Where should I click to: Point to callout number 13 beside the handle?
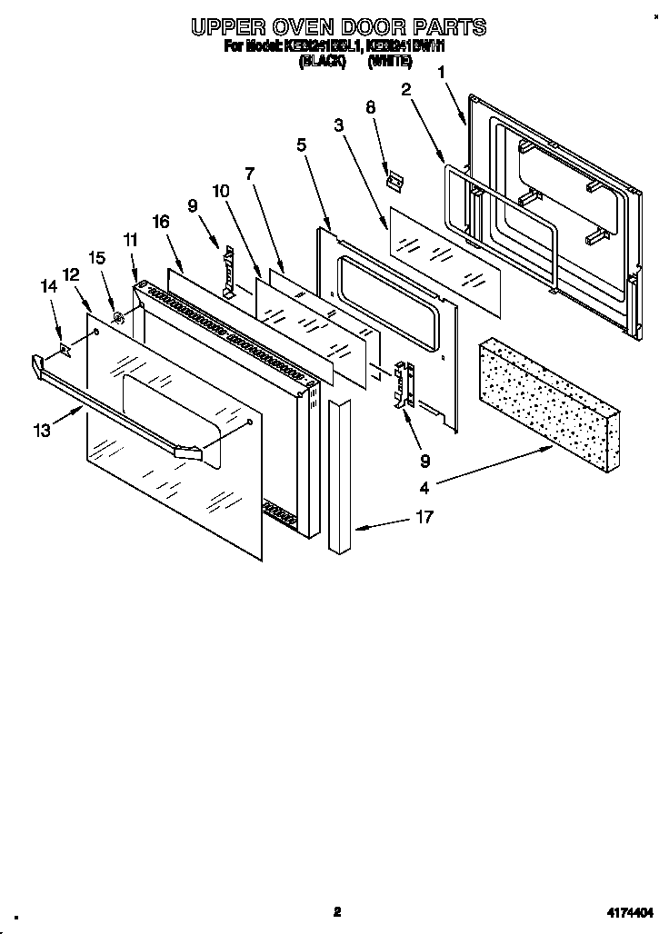tap(43, 430)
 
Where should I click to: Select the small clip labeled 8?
tap(393, 181)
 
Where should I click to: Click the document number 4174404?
tap(631, 911)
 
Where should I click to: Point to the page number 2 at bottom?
tap(336, 911)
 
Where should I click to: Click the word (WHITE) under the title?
tap(390, 61)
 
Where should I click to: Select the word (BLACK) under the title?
tap(323, 61)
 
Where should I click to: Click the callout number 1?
tap(443, 71)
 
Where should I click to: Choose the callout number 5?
tap(301, 144)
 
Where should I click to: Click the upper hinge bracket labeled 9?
tap(229, 270)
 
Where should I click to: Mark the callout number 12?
tap(70, 273)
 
